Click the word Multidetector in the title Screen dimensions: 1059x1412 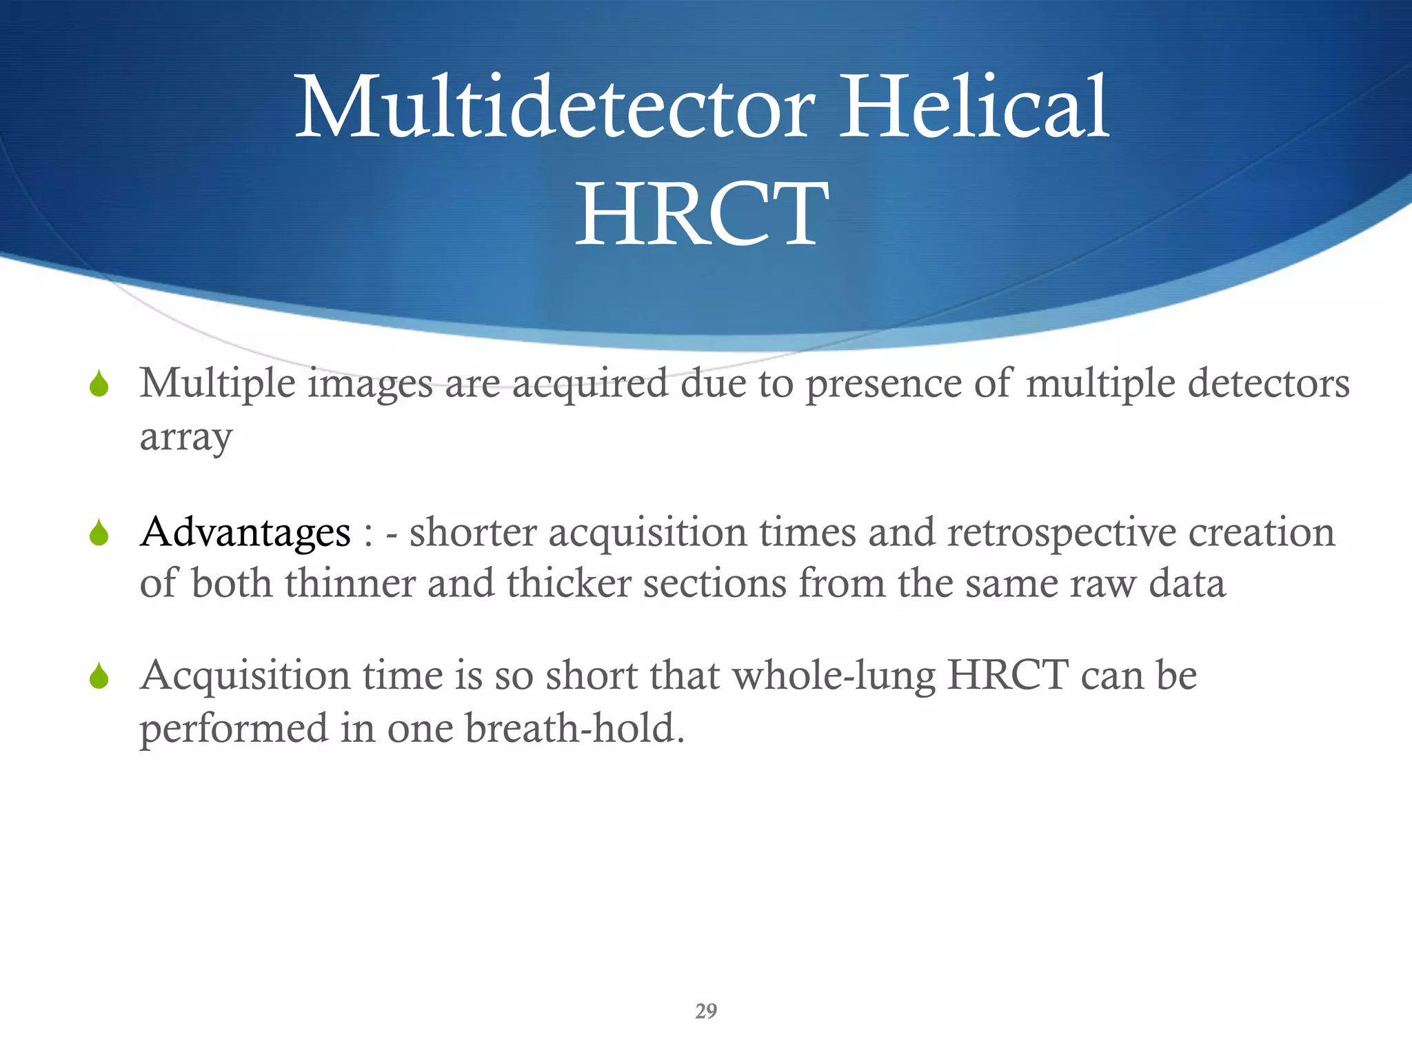[555, 108]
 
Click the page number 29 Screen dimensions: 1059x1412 [706, 1011]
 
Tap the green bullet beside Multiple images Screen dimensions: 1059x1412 [99, 384]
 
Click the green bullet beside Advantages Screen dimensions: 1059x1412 [99, 533]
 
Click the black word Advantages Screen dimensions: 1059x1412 [245, 533]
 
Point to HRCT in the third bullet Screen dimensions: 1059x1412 [1008, 676]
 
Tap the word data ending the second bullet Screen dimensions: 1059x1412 [1187, 583]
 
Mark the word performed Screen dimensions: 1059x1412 [234, 729]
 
